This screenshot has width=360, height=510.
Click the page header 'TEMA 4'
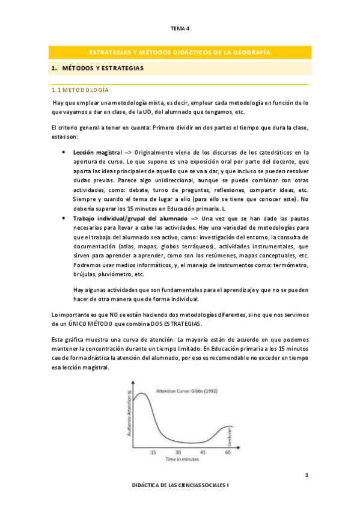point(180,28)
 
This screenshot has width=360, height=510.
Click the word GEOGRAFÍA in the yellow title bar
point(248,53)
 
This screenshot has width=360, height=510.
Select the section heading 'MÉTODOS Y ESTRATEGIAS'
point(103,69)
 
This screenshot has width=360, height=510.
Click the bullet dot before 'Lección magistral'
point(64,153)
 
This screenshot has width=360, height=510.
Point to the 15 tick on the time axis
point(153,452)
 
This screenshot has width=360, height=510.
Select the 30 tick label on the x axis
point(178,452)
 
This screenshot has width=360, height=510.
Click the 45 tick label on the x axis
point(203,452)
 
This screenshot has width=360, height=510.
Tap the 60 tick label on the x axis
point(228,452)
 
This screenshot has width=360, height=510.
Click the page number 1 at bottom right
point(307,476)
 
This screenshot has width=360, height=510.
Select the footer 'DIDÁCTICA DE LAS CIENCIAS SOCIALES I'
point(180,500)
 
